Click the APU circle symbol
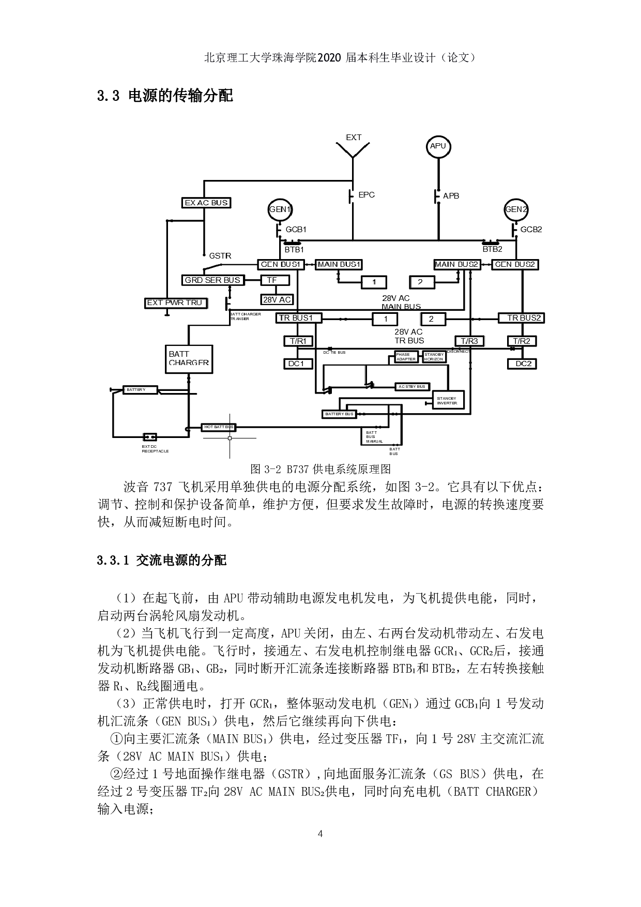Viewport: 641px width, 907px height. pos(438,146)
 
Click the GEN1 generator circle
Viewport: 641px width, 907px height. pos(280,209)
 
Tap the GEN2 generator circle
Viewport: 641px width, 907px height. pos(516,209)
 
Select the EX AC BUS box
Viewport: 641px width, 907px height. pos(206,203)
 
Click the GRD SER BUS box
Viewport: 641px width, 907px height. pos(212,280)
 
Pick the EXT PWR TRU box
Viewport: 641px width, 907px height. pos(175,303)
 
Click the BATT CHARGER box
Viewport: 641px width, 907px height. pos(188,358)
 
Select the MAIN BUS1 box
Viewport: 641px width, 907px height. pos(339,264)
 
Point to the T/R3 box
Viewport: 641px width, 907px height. pos(469,341)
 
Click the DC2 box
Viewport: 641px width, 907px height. pos(523,364)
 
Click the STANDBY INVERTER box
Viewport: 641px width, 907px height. pos(448,400)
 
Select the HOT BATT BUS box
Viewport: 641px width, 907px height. pos(218,428)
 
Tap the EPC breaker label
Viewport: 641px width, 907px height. pos(367,195)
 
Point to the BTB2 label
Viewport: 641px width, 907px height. pos(492,249)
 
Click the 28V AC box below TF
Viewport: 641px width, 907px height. pos(277,299)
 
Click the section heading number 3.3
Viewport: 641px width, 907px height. pos(109,96)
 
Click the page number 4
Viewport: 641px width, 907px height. pos(320,834)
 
